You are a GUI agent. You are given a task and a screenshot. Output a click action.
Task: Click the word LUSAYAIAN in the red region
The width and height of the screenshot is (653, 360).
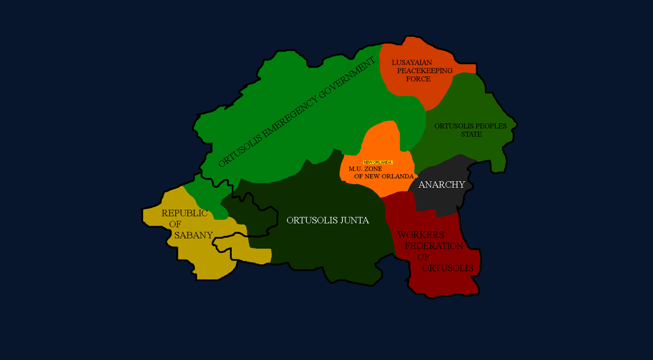pos(411,63)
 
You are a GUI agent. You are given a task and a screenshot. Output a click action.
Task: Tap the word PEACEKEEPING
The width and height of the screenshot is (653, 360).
pos(424,71)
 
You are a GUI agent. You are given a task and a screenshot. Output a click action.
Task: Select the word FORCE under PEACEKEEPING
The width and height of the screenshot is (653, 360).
pos(418,79)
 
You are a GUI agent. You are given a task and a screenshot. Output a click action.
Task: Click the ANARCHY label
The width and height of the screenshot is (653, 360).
pos(441,184)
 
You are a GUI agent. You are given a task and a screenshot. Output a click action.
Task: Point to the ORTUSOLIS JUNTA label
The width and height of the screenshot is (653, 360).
pos(328,220)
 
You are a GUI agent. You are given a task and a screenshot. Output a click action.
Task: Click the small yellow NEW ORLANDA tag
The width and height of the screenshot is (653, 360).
pos(378,163)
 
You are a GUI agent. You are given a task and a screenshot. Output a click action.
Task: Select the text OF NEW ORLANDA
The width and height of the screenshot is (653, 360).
pos(384,176)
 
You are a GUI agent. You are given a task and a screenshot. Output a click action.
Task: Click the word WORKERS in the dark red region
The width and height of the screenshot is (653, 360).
pos(421,235)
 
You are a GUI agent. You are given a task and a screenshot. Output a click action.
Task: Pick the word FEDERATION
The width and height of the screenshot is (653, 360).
pos(434,246)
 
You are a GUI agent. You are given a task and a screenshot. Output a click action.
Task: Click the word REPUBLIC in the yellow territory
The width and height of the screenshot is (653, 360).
pos(184,213)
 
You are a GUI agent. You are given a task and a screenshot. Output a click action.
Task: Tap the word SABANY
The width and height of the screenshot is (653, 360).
pos(193,235)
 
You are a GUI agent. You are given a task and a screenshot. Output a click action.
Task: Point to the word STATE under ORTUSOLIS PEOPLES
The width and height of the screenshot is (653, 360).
pos(471,134)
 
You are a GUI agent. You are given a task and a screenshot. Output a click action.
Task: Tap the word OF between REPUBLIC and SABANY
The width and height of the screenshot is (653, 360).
pos(175,224)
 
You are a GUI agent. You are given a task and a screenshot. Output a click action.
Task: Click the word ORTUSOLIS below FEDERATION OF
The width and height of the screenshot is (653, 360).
pos(447,268)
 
